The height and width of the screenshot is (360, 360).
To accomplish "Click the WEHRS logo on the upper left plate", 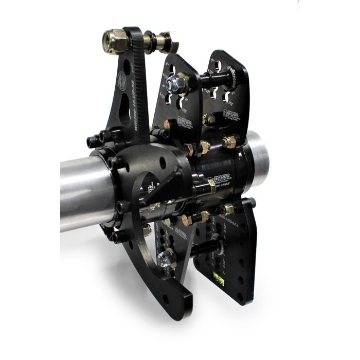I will pos(186,121).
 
